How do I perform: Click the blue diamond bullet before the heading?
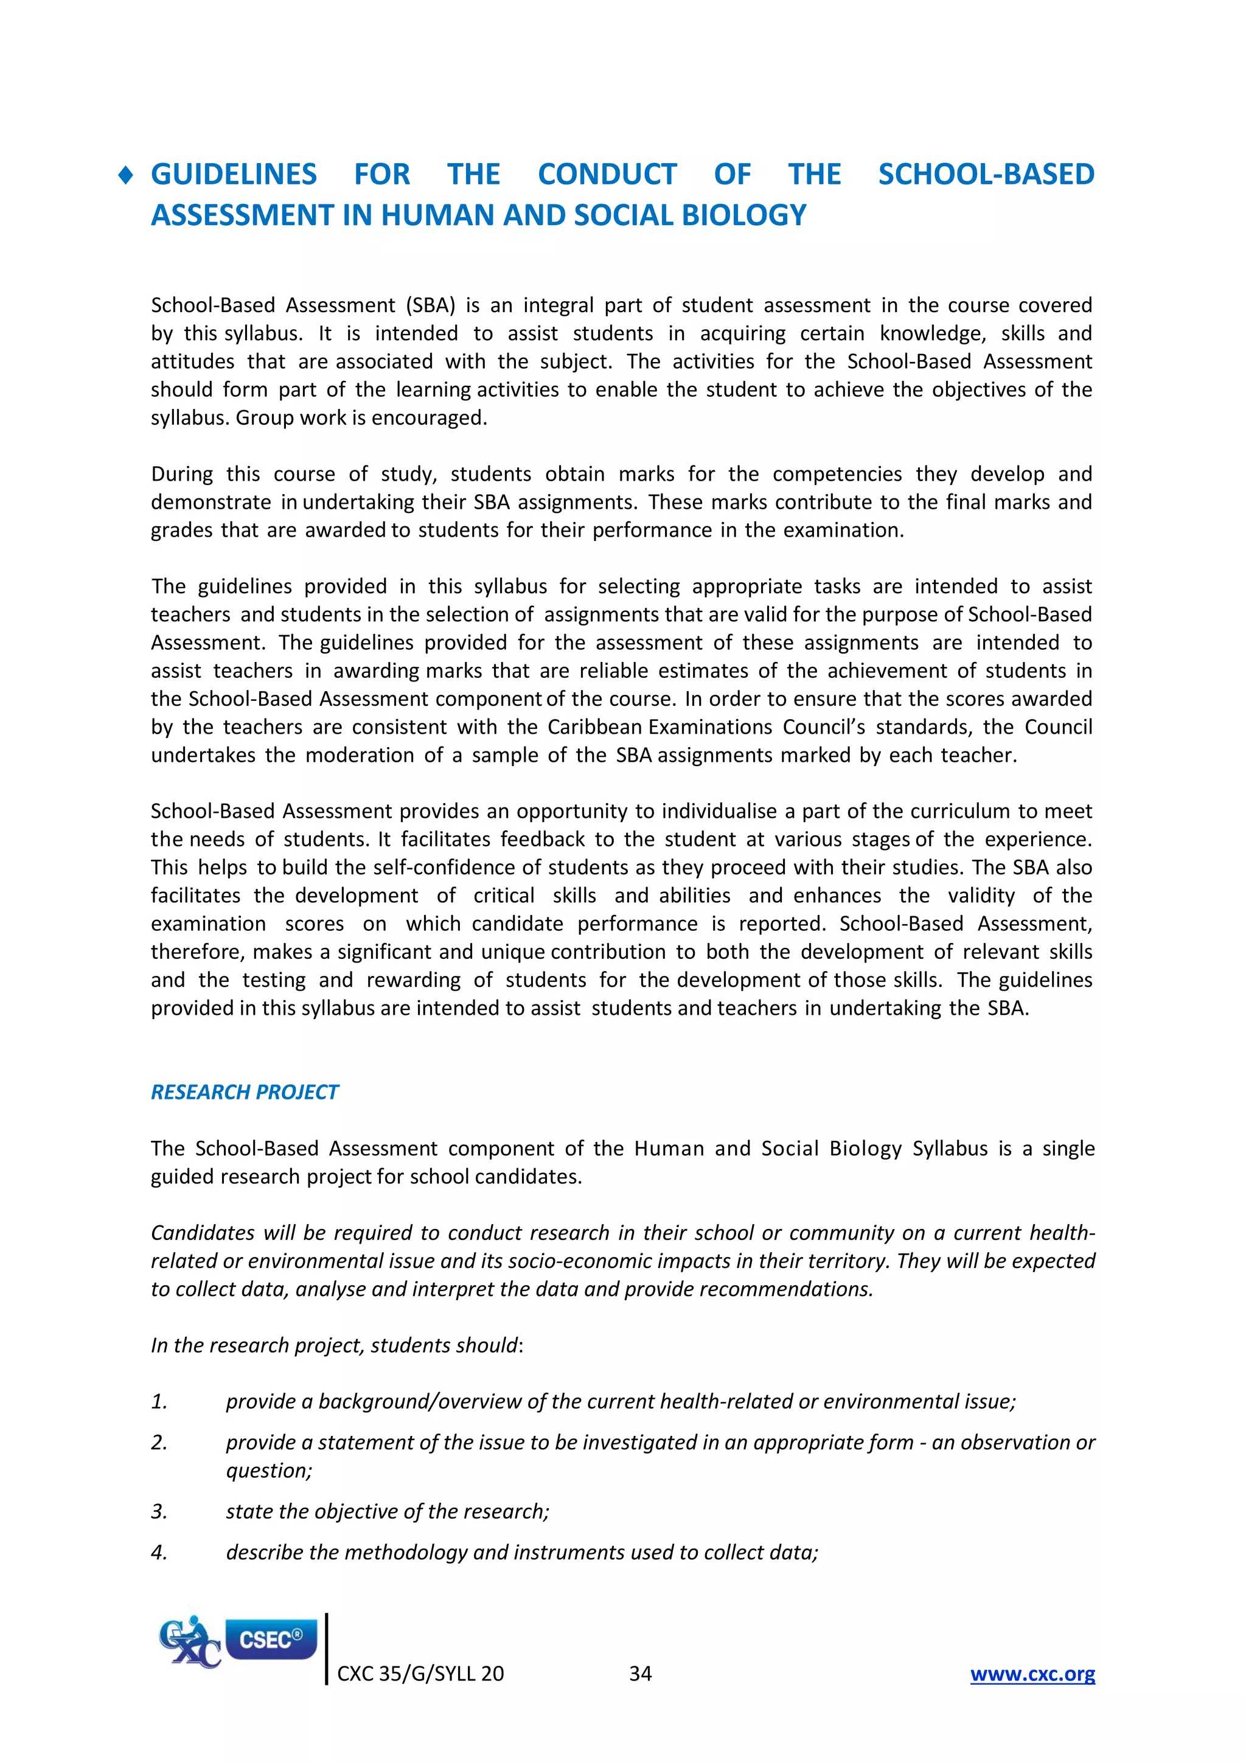(127, 176)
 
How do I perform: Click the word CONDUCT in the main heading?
(607, 175)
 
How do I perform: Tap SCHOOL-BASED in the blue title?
(986, 175)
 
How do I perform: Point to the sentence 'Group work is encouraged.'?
(361, 418)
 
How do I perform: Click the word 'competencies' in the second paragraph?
(837, 474)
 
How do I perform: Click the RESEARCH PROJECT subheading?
(244, 1092)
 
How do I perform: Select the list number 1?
(159, 1402)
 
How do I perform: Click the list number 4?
(159, 1553)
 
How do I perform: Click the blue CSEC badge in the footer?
(271, 1639)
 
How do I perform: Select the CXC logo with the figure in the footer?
(189, 1642)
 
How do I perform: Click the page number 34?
(640, 1674)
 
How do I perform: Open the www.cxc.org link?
(1032, 1674)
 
